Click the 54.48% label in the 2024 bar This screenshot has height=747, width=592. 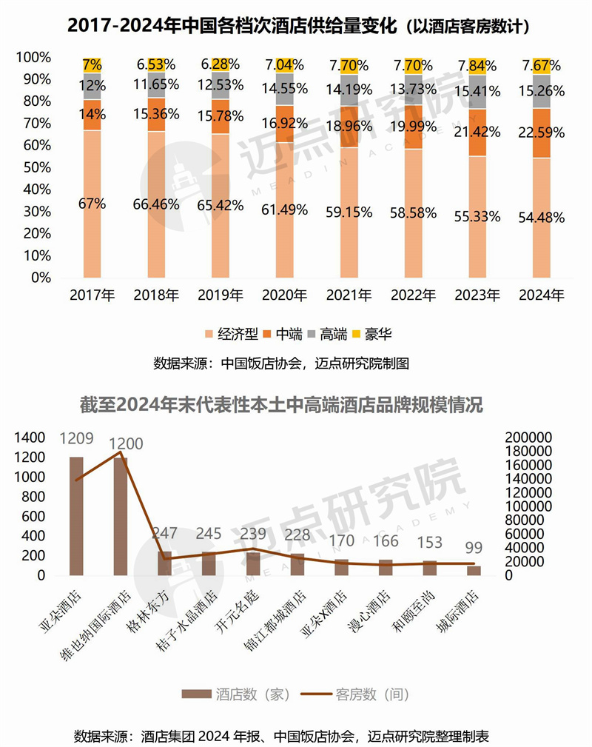[542, 218]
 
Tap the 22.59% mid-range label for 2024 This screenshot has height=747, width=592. [542, 133]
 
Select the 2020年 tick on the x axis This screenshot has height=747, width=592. [285, 295]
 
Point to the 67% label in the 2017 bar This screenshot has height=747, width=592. [92, 203]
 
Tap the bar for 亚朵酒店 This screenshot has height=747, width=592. [76, 515]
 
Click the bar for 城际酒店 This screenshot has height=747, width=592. [474, 570]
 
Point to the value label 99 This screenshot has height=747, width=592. [474, 549]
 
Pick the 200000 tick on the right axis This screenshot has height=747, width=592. [528, 438]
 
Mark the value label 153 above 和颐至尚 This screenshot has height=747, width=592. [429, 543]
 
